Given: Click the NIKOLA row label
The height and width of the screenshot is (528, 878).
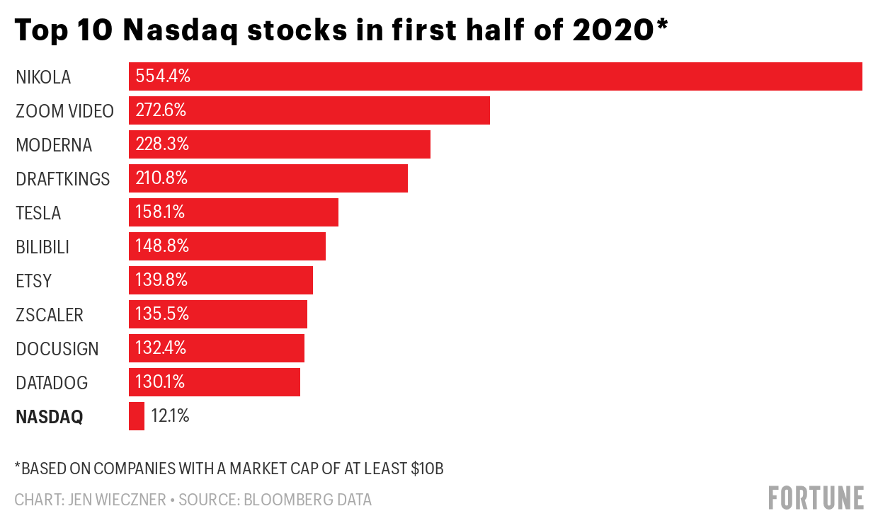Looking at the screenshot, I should [43, 77].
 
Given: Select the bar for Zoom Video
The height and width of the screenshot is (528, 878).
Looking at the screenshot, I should [309, 110].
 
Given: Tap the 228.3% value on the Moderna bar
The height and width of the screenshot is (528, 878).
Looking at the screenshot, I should [162, 144].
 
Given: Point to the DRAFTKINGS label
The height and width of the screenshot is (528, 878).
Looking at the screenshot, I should [63, 179].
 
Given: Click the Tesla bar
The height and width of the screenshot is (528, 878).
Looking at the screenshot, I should [233, 212].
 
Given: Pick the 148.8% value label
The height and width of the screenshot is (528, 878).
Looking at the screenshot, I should [162, 246].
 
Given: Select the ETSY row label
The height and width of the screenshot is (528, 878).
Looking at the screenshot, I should [34, 281].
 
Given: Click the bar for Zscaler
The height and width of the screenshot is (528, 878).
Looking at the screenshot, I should [217, 314].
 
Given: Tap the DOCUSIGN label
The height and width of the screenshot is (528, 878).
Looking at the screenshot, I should [57, 349].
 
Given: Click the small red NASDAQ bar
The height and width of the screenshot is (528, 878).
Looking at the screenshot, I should [137, 416].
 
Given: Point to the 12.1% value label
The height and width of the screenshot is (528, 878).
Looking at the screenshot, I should [170, 416].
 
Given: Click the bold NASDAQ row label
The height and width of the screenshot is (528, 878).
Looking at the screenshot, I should [49, 417].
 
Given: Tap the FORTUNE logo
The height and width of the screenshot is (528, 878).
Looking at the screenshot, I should [816, 498].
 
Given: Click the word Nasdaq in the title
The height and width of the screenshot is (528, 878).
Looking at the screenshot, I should [186, 30].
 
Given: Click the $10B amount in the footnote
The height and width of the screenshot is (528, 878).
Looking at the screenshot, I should [427, 469].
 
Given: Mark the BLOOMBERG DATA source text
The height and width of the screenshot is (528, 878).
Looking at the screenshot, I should [307, 500].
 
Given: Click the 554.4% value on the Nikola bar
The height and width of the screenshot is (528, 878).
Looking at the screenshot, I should [163, 76].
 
